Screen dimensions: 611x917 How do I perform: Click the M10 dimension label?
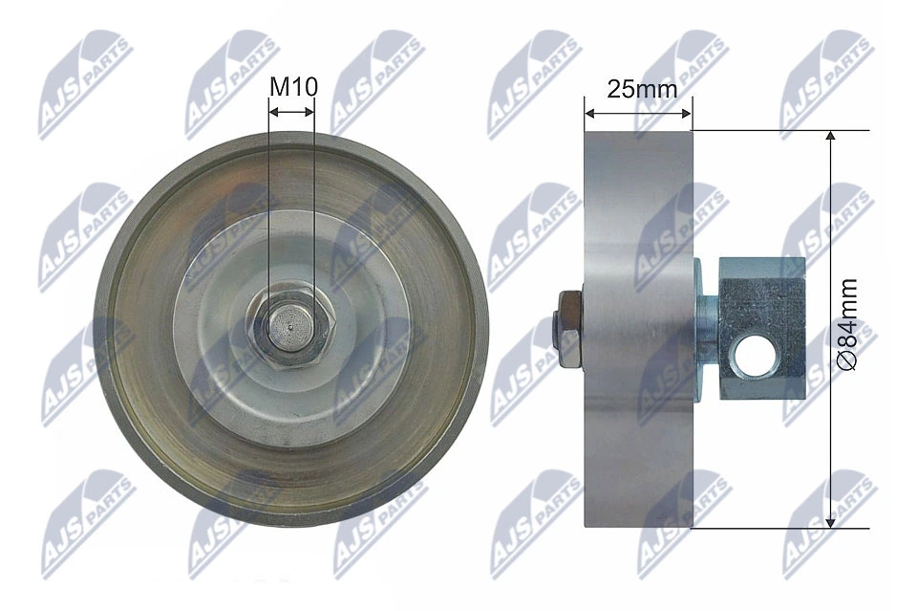(292, 87)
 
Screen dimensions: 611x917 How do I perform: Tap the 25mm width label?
(642, 89)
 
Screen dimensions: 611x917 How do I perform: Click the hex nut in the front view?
(292, 331)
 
